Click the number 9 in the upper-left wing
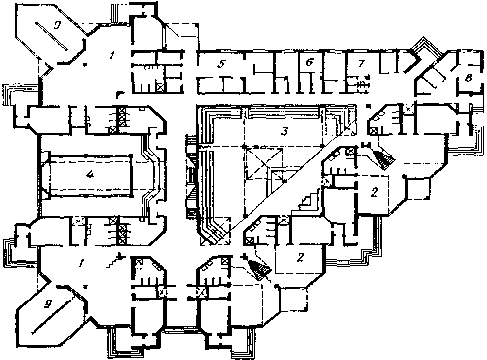tap(57, 26)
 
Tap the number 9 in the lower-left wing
tap(48, 303)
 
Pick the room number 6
tap(309, 63)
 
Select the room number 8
tap(468, 79)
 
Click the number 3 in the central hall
tap(283, 131)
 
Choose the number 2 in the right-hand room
tap(374, 193)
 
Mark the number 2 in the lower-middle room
tap(300, 257)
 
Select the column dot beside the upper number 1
tap(85, 65)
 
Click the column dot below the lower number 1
tap(85, 286)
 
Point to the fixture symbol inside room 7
tap(362, 84)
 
